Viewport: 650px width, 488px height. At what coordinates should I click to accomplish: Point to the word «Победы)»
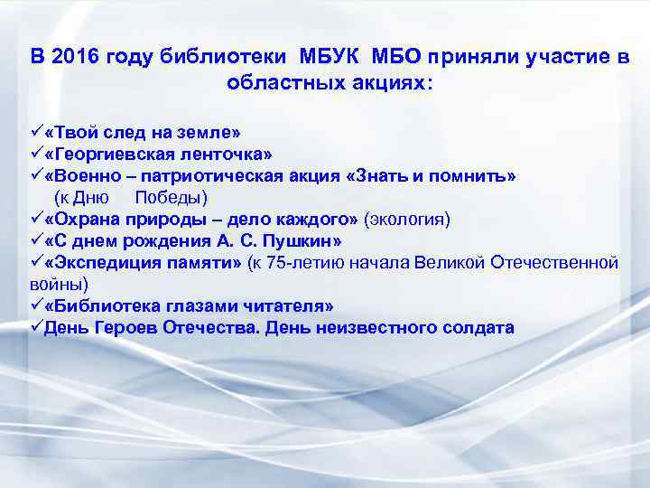171,197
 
